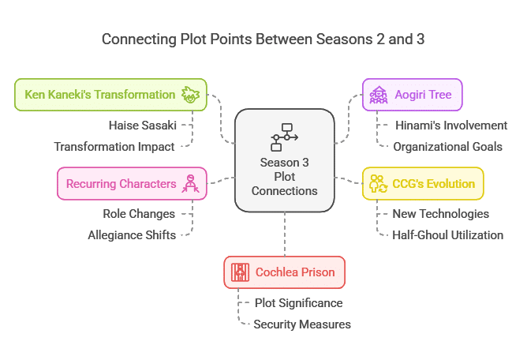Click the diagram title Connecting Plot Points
tap(263, 39)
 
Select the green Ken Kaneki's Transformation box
tap(110, 95)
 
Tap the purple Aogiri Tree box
tap(413, 95)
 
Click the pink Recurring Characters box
tap(132, 183)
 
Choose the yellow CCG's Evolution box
tap(423, 183)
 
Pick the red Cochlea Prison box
tap(285, 272)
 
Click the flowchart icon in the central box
tap(284, 137)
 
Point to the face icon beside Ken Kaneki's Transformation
tap(191, 95)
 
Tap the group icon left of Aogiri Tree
tap(379, 95)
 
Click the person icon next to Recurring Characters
tap(191, 184)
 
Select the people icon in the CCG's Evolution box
tap(379, 184)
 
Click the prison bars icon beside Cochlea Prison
tap(240, 272)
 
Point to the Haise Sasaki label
tap(143, 126)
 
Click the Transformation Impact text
tap(114, 147)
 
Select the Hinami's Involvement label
tap(451, 126)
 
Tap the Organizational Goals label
tap(447, 147)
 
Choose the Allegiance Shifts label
tap(132, 235)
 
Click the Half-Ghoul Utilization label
tap(447, 235)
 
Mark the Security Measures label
tap(302, 324)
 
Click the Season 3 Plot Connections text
tap(284, 177)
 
